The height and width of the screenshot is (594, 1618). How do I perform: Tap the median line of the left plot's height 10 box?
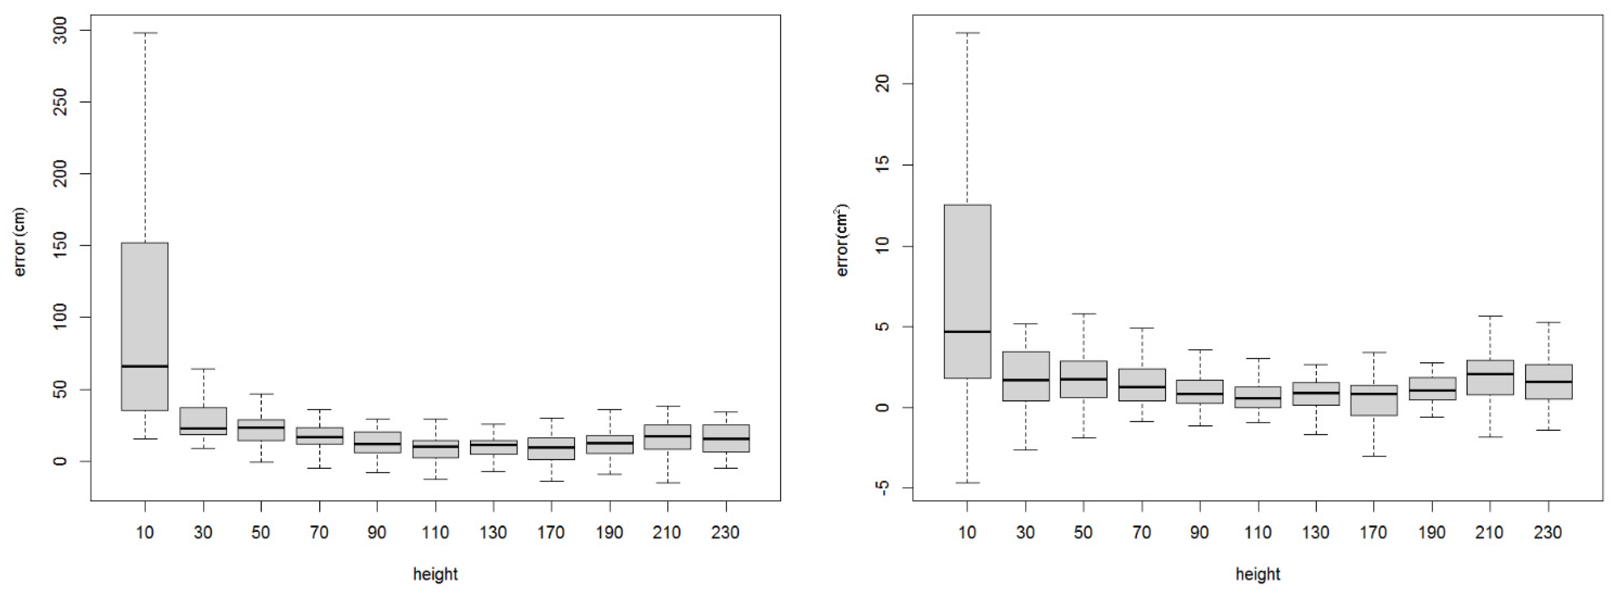point(145,366)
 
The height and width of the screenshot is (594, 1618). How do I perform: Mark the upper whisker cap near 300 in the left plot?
point(145,33)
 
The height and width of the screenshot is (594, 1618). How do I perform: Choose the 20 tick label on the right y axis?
point(883,84)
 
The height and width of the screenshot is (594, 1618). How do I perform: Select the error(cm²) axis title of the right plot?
point(842,240)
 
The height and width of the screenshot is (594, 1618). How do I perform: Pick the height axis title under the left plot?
point(435,574)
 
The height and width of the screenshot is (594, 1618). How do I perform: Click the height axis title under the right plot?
point(1257,574)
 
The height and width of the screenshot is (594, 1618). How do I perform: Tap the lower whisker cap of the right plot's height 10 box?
point(967,483)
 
